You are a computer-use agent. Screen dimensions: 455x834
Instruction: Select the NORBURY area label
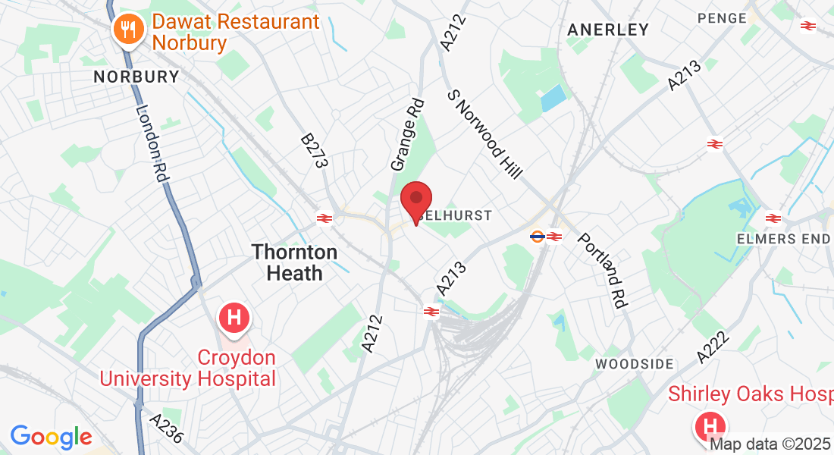tap(136, 77)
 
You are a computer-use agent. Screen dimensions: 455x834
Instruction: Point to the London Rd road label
tap(151, 143)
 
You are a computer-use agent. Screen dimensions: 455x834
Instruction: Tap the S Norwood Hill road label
tap(485, 135)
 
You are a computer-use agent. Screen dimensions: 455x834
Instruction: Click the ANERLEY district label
tap(608, 30)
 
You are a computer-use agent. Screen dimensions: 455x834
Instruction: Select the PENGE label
tap(722, 17)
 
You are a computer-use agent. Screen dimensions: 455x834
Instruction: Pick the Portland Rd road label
tap(604, 270)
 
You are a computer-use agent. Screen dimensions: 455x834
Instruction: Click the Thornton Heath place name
tap(295, 262)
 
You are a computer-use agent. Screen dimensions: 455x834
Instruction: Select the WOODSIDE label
tap(634, 364)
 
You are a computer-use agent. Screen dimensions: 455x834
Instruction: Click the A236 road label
tap(166, 428)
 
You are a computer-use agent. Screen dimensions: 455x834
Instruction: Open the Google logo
tap(51, 437)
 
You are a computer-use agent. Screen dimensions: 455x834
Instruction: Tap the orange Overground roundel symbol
tap(537, 236)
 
